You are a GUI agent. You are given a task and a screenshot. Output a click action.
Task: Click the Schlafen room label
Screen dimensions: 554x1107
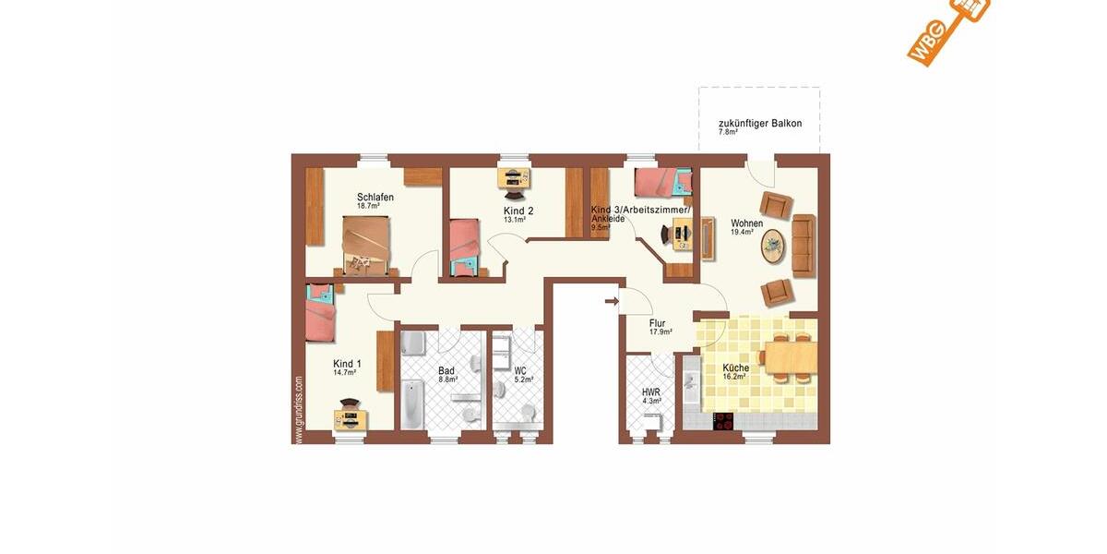coord(375,197)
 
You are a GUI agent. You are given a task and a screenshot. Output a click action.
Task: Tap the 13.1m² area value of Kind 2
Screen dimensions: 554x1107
coord(514,221)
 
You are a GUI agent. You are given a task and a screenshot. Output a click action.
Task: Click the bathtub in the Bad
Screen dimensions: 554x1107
coord(411,405)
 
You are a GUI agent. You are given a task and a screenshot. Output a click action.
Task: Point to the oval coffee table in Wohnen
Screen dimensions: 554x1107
coord(774,245)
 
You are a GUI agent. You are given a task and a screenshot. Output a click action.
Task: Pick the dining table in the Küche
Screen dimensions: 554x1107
coord(790,355)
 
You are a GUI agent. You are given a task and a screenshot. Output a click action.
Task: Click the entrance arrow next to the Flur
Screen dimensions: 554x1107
coord(611,300)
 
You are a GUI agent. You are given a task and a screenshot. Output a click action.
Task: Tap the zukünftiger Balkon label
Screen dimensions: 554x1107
coord(759,124)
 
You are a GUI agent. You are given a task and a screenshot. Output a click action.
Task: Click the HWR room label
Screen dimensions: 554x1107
coord(650,391)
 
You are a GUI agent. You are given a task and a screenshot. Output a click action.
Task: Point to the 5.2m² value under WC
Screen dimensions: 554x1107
coord(523,379)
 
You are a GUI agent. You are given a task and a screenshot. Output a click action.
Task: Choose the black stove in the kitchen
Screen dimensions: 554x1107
coord(725,421)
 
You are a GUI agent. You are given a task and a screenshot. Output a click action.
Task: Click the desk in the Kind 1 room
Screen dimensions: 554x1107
coord(351,418)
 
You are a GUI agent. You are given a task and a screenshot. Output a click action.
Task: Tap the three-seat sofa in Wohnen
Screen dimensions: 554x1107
coord(803,245)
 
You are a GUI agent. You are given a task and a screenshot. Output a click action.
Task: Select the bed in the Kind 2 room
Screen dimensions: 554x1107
coord(464,246)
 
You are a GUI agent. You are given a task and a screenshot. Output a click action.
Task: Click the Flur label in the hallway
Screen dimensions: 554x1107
coord(657,323)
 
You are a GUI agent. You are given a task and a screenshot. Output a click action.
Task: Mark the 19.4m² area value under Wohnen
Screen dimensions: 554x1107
coord(744,233)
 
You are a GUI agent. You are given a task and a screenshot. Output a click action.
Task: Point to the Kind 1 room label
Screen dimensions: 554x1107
coord(347,364)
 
